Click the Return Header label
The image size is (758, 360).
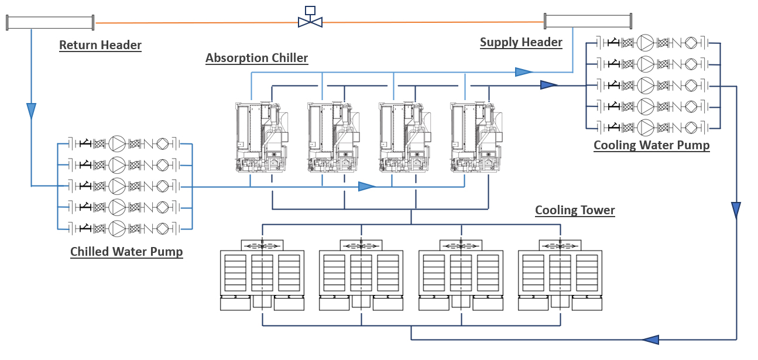(x=100, y=45)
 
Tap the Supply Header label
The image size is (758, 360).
(x=521, y=42)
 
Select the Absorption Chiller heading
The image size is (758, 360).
(x=256, y=58)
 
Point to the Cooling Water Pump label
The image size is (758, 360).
(x=651, y=145)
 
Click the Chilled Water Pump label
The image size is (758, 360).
(x=126, y=252)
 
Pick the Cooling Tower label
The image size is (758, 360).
(x=575, y=210)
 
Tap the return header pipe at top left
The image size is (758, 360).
(x=50, y=23)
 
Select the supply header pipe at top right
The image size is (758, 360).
(x=588, y=21)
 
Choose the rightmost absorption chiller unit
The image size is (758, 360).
(x=475, y=138)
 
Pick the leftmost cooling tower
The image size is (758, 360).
(x=262, y=275)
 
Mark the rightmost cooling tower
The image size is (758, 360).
(x=560, y=275)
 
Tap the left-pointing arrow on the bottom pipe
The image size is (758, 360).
(x=650, y=340)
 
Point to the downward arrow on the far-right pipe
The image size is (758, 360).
(x=736, y=210)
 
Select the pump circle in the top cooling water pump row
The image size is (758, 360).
(x=646, y=42)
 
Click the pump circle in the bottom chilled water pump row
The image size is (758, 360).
(x=118, y=228)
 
